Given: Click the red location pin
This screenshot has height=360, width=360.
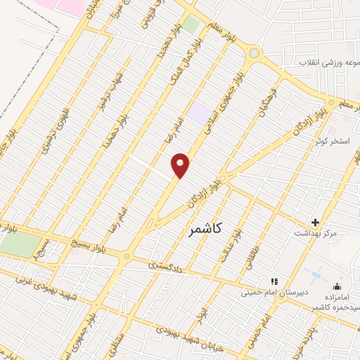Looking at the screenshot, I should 181,165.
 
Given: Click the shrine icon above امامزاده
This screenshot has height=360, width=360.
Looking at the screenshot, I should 337,286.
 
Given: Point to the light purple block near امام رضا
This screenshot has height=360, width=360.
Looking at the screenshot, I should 200,114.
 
